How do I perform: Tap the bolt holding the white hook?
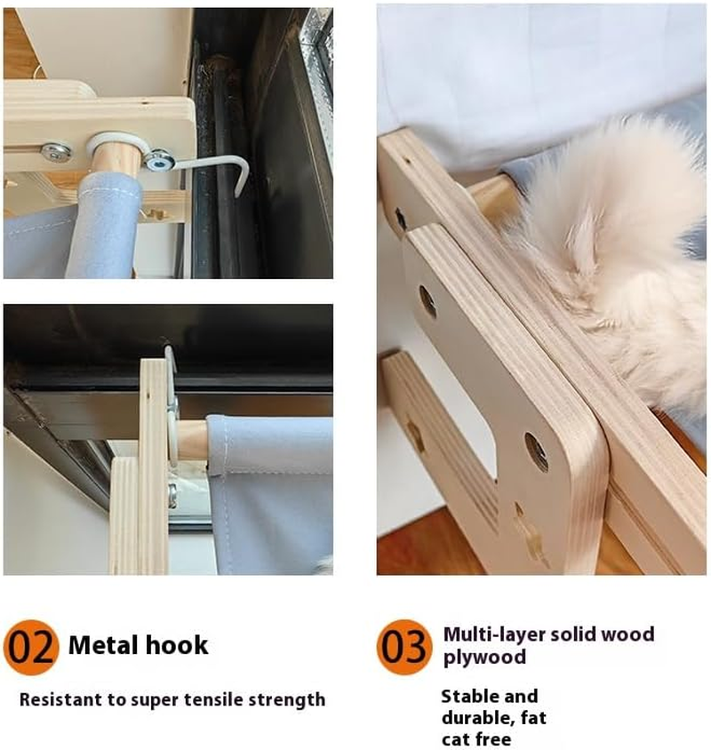click(160, 161)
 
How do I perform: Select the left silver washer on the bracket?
click(58, 152)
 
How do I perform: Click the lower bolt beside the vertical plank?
click(172, 494)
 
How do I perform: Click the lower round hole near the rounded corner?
click(537, 451)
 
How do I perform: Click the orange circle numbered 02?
click(31, 647)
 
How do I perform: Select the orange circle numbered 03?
click(404, 647)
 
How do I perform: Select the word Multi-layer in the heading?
click(491, 634)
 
